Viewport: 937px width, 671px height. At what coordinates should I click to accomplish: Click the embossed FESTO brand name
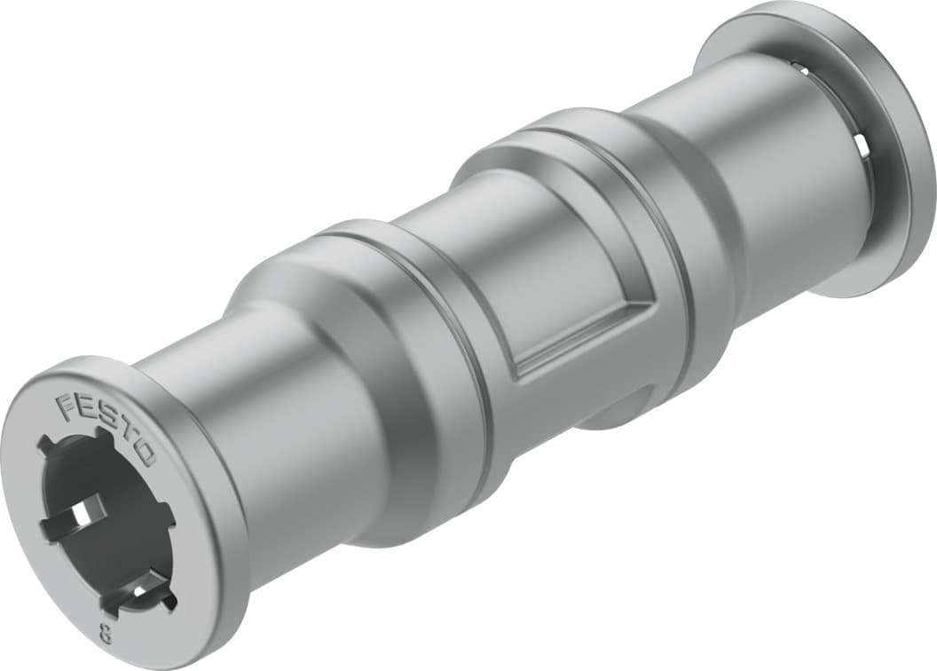tap(106, 430)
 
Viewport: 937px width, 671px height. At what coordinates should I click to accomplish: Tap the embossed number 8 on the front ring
tap(106, 635)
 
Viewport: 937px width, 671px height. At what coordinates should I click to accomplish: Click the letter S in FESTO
tap(105, 428)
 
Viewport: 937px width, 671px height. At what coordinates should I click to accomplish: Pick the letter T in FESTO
tap(125, 441)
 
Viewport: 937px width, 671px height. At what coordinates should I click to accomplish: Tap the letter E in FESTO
tap(85, 416)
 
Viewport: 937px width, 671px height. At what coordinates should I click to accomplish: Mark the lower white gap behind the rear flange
tap(860, 146)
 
